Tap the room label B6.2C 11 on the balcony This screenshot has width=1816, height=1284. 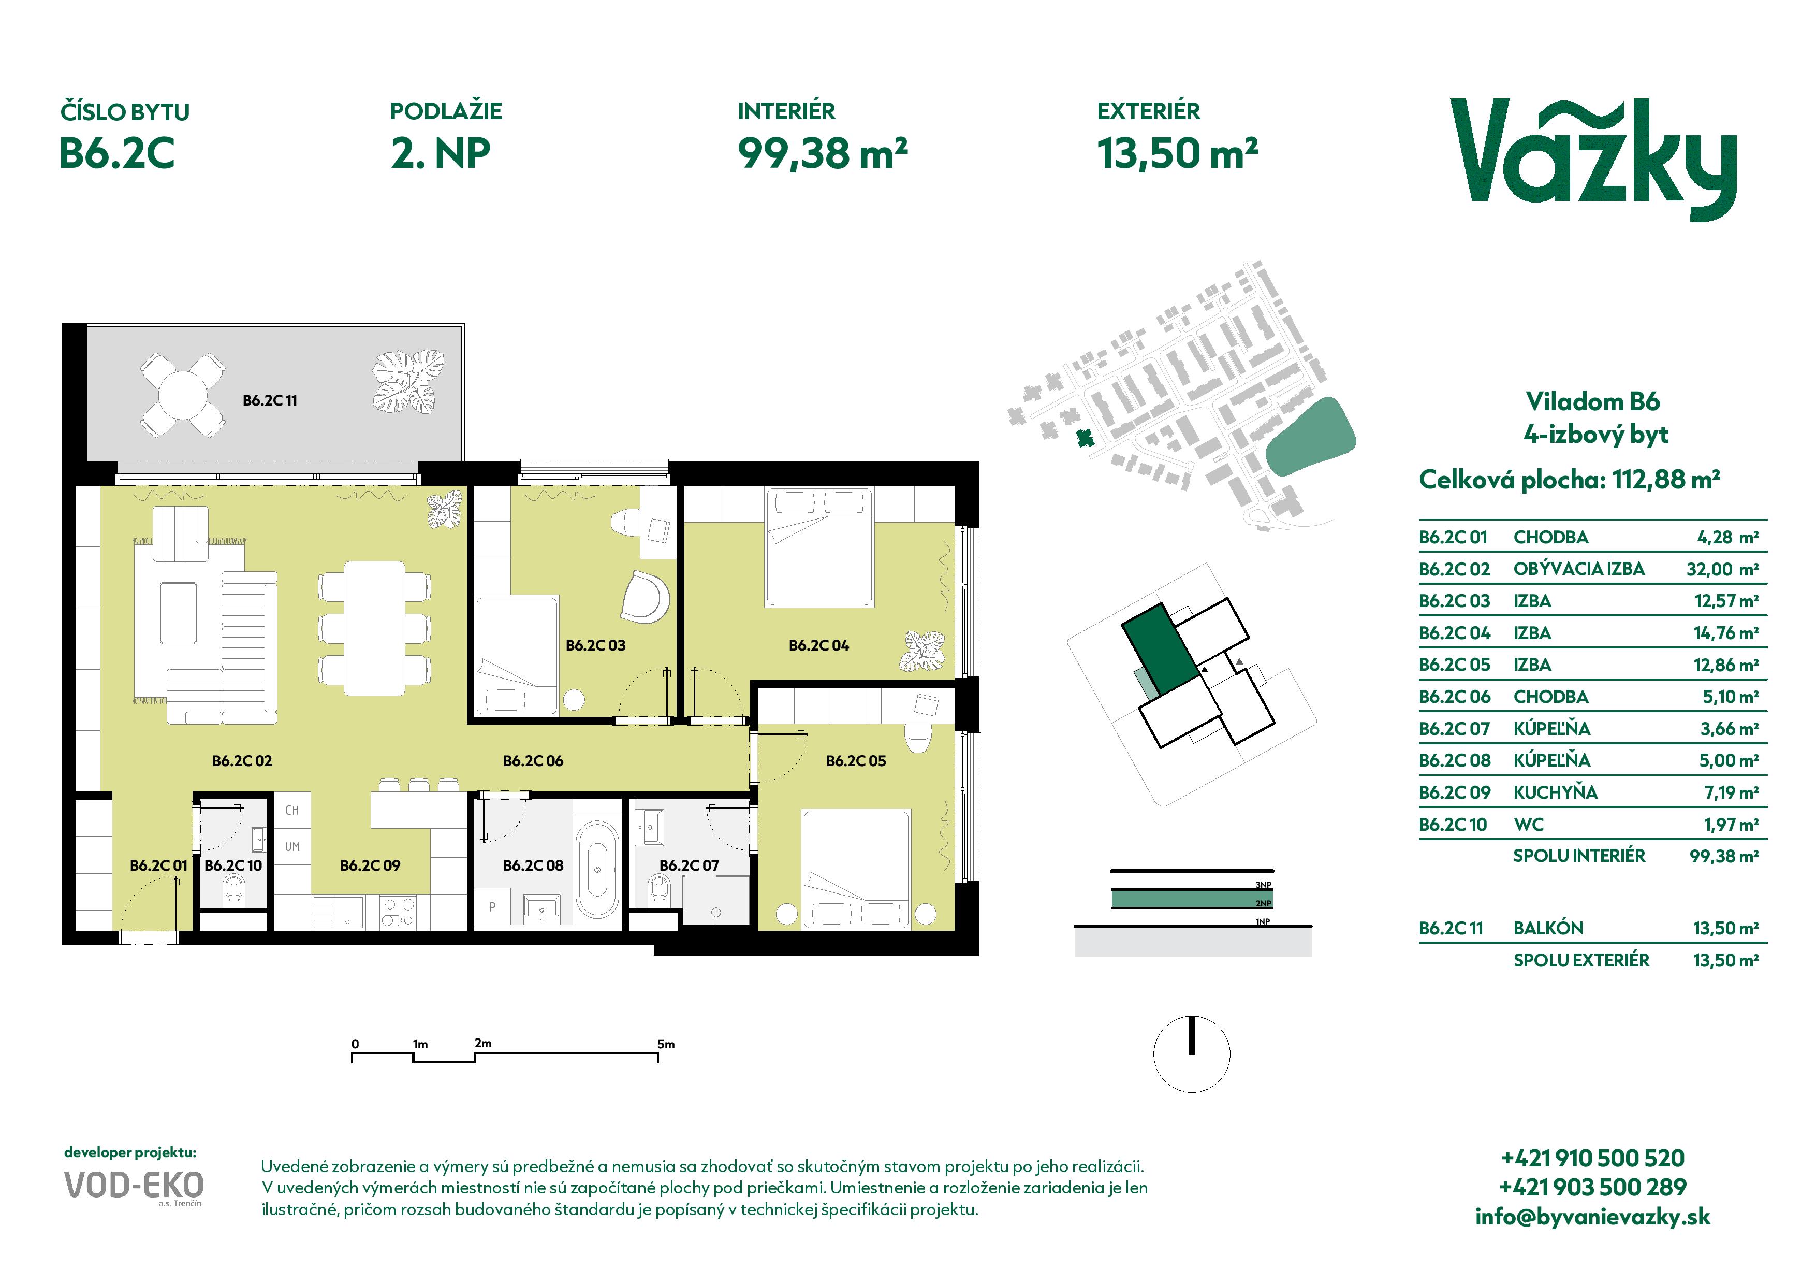270,400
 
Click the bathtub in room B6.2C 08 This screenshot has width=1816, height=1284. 597,869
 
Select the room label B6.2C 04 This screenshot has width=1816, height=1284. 818,645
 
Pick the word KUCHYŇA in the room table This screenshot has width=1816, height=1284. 1555,792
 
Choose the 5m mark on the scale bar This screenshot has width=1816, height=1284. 666,1044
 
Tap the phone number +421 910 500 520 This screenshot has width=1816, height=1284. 1592,1158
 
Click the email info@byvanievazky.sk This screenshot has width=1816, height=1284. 1592,1217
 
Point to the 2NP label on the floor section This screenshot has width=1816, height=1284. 1263,903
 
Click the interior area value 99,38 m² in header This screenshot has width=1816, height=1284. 823,153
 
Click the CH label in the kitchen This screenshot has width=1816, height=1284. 292,810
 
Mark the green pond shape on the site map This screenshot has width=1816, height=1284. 1311,437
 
